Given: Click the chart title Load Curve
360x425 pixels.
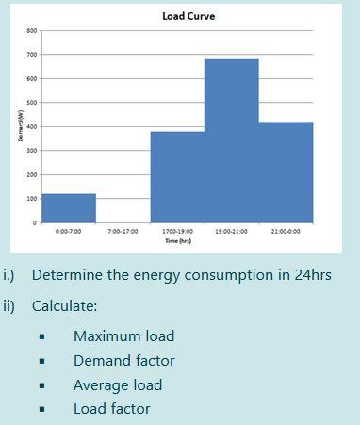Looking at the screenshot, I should [188, 16].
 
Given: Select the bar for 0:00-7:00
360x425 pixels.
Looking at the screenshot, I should [69, 208].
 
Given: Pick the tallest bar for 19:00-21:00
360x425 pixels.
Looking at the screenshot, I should [232, 141].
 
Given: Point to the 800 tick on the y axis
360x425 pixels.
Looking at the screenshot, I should [31, 31].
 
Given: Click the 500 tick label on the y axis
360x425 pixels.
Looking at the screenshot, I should [31, 103].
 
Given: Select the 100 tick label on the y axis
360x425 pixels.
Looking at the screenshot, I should [31, 199].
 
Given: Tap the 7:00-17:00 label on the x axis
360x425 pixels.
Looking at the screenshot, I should [123, 231].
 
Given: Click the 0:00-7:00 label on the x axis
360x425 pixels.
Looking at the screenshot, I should [69, 231].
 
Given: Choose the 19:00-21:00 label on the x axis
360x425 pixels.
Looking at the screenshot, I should [232, 231].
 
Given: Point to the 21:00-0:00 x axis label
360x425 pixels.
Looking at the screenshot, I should [286, 231].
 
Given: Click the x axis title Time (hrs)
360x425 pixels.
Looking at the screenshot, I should [178, 241].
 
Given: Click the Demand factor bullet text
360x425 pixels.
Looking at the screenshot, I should [123, 361].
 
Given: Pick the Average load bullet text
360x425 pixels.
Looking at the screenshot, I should [118, 385].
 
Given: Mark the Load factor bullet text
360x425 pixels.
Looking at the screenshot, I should [111, 409].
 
